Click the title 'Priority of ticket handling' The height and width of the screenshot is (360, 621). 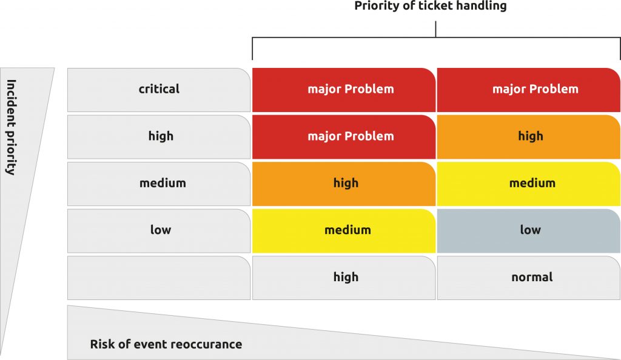(x=430, y=6)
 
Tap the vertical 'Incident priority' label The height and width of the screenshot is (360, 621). (x=12, y=127)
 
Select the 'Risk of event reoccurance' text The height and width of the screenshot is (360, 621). (x=166, y=344)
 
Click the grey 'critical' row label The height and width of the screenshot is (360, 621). (x=159, y=90)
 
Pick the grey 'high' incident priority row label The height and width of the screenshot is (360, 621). (x=159, y=137)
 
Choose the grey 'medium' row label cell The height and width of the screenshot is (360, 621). (x=159, y=184)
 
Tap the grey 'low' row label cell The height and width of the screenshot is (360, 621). (x=159, y=231)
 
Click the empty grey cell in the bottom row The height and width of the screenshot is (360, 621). (x=159, y=278)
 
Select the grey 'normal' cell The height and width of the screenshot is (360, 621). (x=529, y=278)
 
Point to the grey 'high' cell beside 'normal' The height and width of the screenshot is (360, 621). (x=344, y=278)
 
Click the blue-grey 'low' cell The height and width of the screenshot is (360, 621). (x=529, y=231)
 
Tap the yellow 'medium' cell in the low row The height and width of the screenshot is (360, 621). (x=344, y=231)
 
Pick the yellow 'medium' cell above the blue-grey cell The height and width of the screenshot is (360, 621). (x=529, y=184)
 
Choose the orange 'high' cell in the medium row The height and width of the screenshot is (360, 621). (x=344, y=184)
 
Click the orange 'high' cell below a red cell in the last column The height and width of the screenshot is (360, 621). (x=529, y=137)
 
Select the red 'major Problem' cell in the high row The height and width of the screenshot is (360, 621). (x=344, y=137)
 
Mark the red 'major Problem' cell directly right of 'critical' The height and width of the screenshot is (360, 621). (x=344, y=90)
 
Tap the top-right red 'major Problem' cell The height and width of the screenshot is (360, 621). (x=529, y=90)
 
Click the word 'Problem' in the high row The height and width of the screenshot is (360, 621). (x=369, y=136)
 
